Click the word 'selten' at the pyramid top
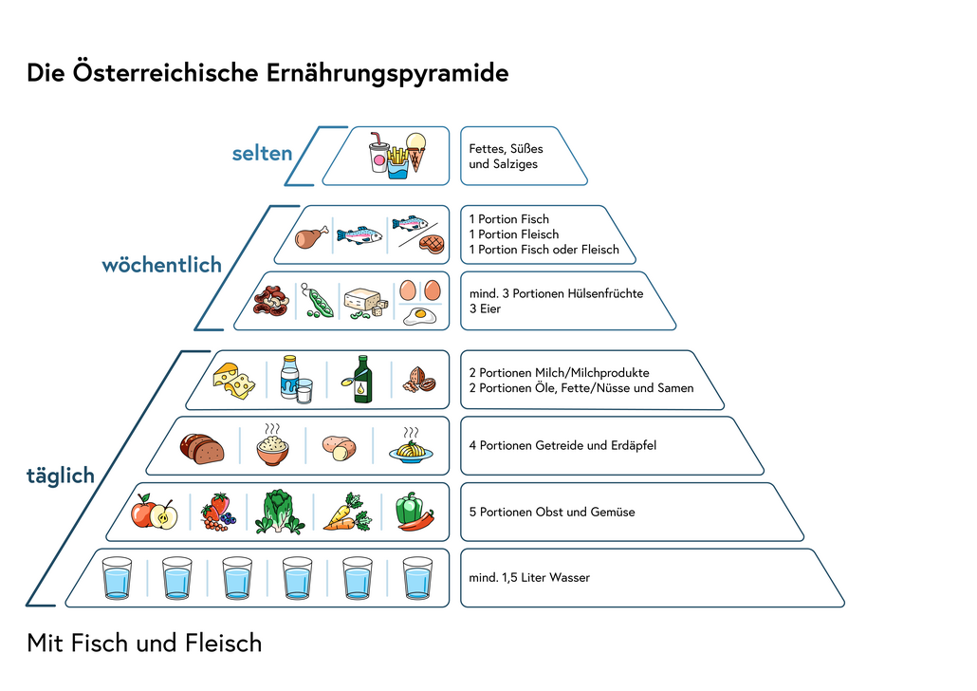262,153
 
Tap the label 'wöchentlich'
161,265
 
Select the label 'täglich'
61,476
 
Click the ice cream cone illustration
415,151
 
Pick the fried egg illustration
419,315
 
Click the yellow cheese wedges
233,380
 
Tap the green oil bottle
362,380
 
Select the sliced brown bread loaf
202,447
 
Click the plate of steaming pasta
411,447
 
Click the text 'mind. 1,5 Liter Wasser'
529,577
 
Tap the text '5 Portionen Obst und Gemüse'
552,512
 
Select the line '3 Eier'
485,308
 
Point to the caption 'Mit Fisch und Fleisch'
144,644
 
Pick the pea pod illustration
317,302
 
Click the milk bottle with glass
295,379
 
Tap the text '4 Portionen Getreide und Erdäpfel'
562,445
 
